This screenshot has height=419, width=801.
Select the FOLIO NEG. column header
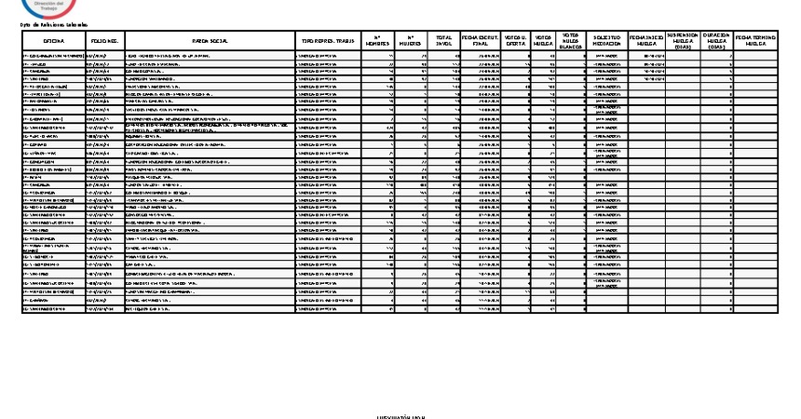(104, 42)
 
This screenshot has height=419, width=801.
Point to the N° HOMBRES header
(376, 42)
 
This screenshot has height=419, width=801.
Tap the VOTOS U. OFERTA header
(514, 42)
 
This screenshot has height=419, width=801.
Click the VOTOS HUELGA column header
(544, 42)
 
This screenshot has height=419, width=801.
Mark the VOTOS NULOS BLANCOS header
(573, 42)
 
